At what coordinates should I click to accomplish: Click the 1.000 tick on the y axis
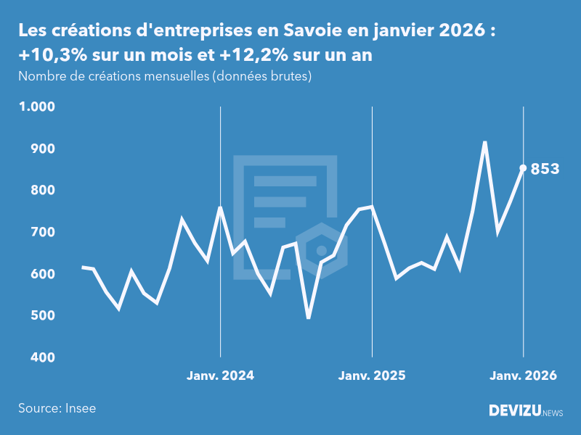[37, 107]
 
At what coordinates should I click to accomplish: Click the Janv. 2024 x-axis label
[220, 376]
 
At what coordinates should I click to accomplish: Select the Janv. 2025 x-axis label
[372, 376]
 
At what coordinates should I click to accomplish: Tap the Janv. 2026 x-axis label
[524, 376]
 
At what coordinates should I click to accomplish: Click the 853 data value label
[545, 169]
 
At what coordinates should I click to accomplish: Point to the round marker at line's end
[523, 168]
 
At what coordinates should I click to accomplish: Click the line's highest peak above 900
[484, 142]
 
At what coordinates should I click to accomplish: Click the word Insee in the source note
[80, 408]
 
